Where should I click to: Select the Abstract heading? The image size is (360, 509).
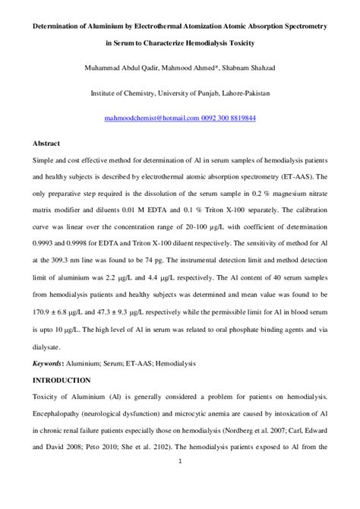point(46,143)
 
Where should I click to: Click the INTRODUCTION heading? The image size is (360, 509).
point(62,380)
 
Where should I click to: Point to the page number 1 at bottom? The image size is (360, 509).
point(179,461)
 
